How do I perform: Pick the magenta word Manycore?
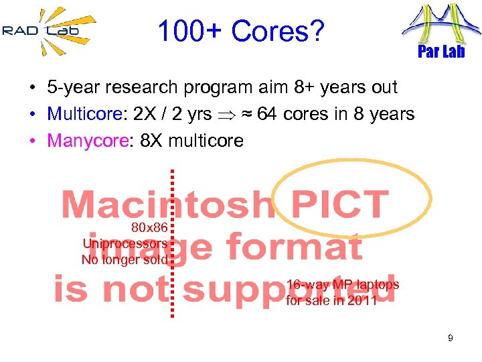click(x=80, y=141)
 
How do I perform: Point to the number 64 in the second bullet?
click(x=267, y=114)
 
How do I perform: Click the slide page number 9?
click(x=451, y=339)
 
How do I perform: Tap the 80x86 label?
click(x=149, y=228)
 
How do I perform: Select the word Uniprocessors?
click(x=125, y=244)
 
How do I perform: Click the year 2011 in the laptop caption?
click(x=362, y=300)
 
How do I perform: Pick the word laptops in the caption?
click(x=376, y=284)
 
